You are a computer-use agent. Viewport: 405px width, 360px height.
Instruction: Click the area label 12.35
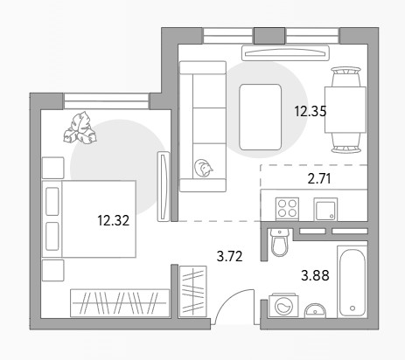(311, 111)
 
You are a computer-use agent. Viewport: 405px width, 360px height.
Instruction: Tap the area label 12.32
(113, 220)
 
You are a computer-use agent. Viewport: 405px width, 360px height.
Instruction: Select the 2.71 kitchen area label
(319, 178)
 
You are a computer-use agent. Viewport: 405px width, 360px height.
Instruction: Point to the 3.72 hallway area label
(230, 257)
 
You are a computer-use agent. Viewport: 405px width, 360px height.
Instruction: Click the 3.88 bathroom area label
(315, 275)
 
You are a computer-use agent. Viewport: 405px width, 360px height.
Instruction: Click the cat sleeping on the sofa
(203, 168)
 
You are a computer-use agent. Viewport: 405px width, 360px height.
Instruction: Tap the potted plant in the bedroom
(80, 128)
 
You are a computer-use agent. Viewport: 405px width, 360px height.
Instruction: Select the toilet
(279, 242)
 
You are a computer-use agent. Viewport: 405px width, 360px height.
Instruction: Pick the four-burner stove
(287, 209)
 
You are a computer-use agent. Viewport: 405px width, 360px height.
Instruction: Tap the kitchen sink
(325, 209)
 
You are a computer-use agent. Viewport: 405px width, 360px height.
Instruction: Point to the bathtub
(353, 281)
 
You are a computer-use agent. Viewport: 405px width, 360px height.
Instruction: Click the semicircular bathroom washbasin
(315, 311)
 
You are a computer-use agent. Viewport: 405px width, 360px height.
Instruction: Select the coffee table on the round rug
(260, 117)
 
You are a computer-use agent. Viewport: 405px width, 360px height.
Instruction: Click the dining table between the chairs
(346, 109)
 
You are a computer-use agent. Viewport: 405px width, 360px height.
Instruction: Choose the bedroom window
(106, 101)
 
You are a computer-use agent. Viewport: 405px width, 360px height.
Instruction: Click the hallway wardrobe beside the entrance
(192, 291)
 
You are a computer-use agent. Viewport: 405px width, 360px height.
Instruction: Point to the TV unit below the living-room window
(285, 52)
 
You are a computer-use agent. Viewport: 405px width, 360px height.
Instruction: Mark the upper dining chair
(346, 76)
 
